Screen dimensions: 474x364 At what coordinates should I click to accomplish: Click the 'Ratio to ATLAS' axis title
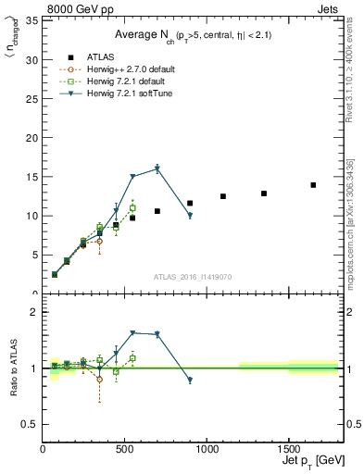click(13, 368)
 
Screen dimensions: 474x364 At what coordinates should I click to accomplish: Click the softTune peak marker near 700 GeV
click(157, 168)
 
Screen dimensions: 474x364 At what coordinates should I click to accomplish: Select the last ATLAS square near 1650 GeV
click(313, 185)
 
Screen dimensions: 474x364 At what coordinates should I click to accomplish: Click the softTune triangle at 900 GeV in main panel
click(190, 216)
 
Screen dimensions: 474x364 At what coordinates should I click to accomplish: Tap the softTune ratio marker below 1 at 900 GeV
click(190, 380)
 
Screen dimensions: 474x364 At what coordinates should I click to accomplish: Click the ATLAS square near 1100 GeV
click(223, 196)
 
